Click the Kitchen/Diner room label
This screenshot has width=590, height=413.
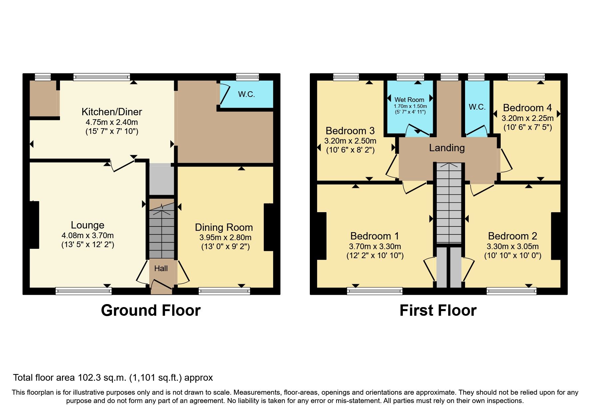(x=112, y=112)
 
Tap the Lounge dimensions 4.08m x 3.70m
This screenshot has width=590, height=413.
(x=87, y=235)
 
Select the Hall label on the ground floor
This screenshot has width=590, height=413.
(x=161, y=268)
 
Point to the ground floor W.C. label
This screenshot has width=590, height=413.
(x=246, y=95)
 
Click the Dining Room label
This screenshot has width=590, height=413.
(x=224, y=227)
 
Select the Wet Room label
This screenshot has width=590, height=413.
(x=409, y=100)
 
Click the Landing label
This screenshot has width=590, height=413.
(x=446, y=148)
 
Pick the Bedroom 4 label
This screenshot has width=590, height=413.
(x=527, y=108)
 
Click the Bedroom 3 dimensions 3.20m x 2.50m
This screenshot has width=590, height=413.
(x=350, y=141)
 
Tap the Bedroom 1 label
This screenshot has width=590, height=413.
(x=374, y=236)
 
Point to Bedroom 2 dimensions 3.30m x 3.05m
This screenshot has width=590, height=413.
(x=512, y=247)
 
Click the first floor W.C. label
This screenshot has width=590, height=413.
(x=477, y=107)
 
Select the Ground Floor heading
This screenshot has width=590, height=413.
(x=151, y=310)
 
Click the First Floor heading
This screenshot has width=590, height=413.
(x=438, y=310)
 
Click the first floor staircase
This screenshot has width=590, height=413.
(x=449, y=203)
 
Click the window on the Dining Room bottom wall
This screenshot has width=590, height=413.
(x=224, y=291)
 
